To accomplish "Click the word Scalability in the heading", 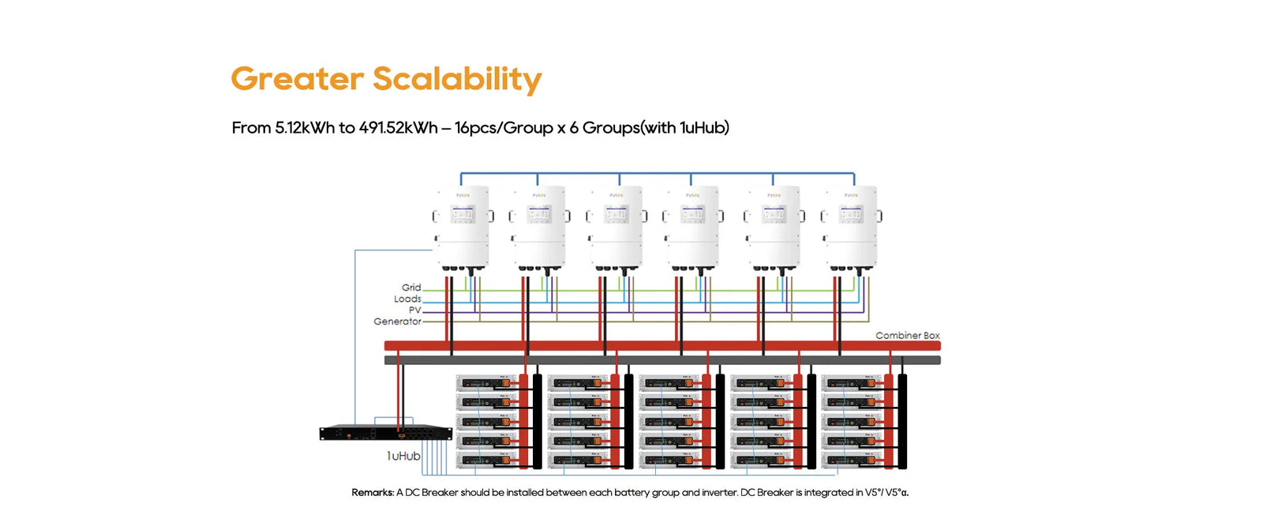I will [x=457, y=80].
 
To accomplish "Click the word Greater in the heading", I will [x=298, y=80].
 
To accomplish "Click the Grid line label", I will [x=411, y=288].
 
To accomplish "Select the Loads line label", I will [x=407, y=299].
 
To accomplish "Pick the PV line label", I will [x=414, y=310].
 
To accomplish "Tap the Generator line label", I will [x=398, y=321].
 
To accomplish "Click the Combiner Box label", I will [x=907, y=336].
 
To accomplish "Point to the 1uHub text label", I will [x=403, y=456].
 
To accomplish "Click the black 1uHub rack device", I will [x=385, y=434].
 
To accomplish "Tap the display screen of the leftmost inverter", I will [x=463, y=214].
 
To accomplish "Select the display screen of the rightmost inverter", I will [x=851, y=214].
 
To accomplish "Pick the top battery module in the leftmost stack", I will [x=486, y=383].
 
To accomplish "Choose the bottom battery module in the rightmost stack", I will [x=852, y=460].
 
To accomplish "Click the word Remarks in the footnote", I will [x=373, y=493].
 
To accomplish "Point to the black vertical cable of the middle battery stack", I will [x=720, y=422].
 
